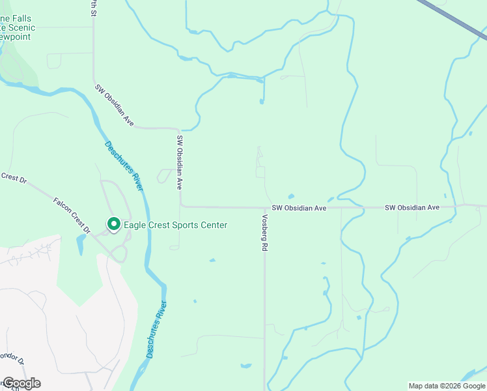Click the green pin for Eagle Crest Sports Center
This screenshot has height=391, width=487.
pos(113,225)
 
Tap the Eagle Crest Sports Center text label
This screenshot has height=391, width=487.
pos(176,225)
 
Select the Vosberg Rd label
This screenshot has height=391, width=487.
pos(265,233)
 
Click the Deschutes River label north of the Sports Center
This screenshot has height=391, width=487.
pos(123,166)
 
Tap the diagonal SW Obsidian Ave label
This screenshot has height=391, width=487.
pos(115,105)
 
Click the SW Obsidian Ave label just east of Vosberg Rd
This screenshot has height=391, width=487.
pos(299,208)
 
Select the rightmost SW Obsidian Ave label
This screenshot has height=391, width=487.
pos(412,207)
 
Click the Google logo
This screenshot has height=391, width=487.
pos(21,383)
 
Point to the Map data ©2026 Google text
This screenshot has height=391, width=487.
pos(447,386)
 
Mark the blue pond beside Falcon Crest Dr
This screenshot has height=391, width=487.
pos(80,245)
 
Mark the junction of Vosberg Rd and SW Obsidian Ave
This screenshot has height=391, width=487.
pos(264,208)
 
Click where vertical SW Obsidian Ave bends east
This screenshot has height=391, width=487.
pos(181,205)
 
